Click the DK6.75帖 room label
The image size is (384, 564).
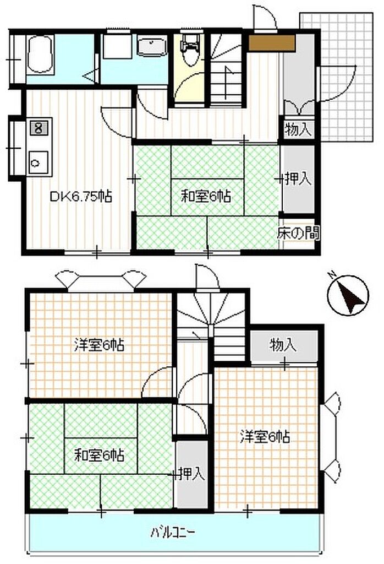pyautogui.click(x=81, y=197)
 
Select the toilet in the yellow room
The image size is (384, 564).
pyautogui.click(x=190, y=50)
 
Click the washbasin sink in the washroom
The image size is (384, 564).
pyautogui.click(x=153, y=46)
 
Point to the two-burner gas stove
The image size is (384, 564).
pyautogui.click(x=39, y=128)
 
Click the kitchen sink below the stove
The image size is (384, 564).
pyautogui.click(x=39, y=162)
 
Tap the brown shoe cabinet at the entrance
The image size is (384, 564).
pyautogui.click(x=272, y=43)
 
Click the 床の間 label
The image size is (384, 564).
pyautogui.click(x=298, y=233)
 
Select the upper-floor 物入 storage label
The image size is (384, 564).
pyautogui.click(x=283, y=345)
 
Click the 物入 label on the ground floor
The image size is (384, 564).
pyautogui.click(x=298, y=129)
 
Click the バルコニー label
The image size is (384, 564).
pyautogui.click(x=173, y=532)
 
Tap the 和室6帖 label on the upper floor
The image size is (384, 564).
pyautogui.click(x=99, y=455)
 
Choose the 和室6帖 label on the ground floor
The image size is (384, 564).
pyautogui.click(x=206, y=197)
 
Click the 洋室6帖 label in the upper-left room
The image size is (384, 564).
pyautogui.click(x=100, y=345)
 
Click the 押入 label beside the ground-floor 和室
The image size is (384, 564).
pyautogui.click(x=298, y=179)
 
